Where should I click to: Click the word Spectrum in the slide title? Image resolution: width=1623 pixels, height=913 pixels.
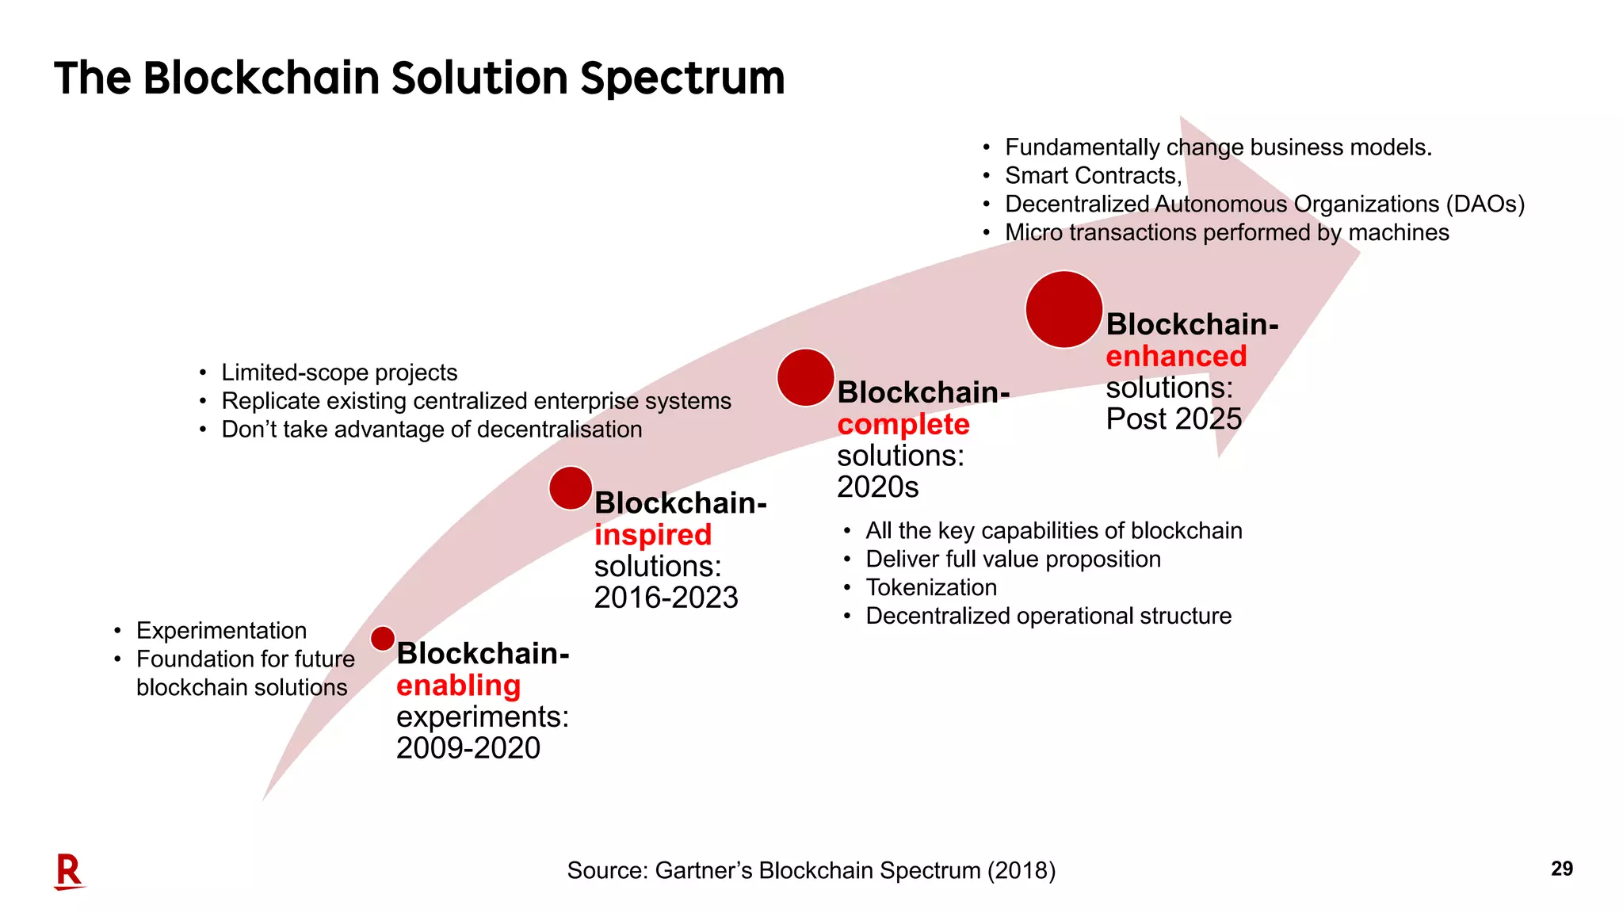(x=682, y=78)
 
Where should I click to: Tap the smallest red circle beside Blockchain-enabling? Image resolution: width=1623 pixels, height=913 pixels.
(x=383, y=639)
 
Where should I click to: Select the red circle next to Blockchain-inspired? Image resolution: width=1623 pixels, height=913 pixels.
(x=571, y=488)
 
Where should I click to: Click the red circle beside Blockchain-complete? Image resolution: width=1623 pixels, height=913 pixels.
(x=805, y=377)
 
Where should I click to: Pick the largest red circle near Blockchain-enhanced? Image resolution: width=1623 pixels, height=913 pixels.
(x=1064, y=310)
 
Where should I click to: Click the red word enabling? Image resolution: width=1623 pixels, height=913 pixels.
(x=458, y=686)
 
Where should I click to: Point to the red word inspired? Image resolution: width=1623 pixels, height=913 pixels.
(x=653, y=535)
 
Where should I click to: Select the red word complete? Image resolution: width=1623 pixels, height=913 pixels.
(x=903, y=425)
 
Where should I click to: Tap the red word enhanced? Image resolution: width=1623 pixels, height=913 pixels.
(x=1176, y=357)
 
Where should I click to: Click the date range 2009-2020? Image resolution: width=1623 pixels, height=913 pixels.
(x=468, y=748)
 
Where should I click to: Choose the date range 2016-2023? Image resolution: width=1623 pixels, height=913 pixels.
(x=666, y=598)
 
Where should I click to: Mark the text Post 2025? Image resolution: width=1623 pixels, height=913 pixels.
(x=1173, y=419)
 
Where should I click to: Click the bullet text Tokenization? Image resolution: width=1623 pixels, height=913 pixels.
(x=931, y=587)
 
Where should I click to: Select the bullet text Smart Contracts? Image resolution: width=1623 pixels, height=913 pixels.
(x=1093, y=176)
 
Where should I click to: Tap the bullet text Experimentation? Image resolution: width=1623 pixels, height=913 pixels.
(x=221, y=631)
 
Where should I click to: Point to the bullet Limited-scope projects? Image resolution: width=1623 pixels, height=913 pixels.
(x=339, y=372)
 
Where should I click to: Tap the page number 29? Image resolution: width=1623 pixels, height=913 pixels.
(x=1561, y=869)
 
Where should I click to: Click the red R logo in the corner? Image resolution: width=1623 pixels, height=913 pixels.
(x=69, y=872)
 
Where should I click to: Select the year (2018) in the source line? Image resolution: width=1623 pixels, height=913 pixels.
(x=1021, y=870)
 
